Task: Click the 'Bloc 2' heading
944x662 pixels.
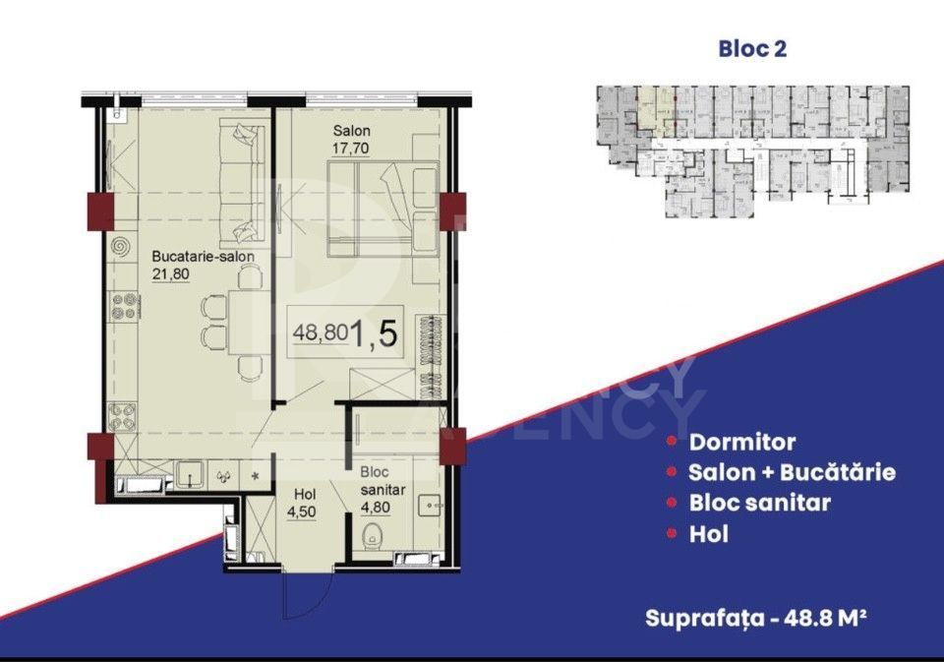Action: coord(754,48)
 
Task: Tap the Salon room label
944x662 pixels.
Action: coord(350,132)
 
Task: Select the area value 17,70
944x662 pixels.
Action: coord(350,150)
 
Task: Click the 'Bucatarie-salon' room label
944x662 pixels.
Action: coord(204,257)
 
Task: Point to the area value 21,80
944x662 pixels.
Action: coord(170,274)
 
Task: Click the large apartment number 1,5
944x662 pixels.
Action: coord(375,334)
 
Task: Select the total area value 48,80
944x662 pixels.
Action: coord(319,332)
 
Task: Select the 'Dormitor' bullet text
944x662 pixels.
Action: coord(742,443)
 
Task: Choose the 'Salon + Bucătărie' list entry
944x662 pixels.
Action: coord(792,472)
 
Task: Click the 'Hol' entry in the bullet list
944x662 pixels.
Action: coord(708,535)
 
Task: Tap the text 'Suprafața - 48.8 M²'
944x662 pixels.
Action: coord(756,618)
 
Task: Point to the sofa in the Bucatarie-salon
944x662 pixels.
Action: coord(242,181)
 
